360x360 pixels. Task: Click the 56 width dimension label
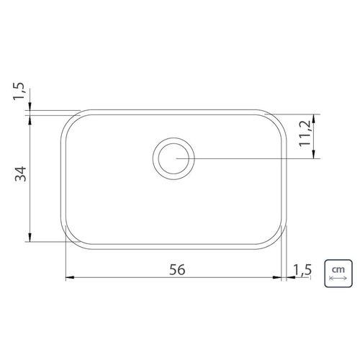tap(177, 269)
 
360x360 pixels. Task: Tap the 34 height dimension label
tap(21, 174)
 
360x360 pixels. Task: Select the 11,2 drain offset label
tap(305, 134)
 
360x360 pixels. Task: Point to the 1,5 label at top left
tap(19, 91)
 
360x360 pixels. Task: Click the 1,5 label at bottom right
tap(302, 270)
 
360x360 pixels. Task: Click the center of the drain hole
tap(174, 158)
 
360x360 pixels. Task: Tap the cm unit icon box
tap(338, 273)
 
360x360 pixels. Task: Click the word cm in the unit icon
tap(338, 269)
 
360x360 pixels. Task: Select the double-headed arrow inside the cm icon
tap(338, 279)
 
